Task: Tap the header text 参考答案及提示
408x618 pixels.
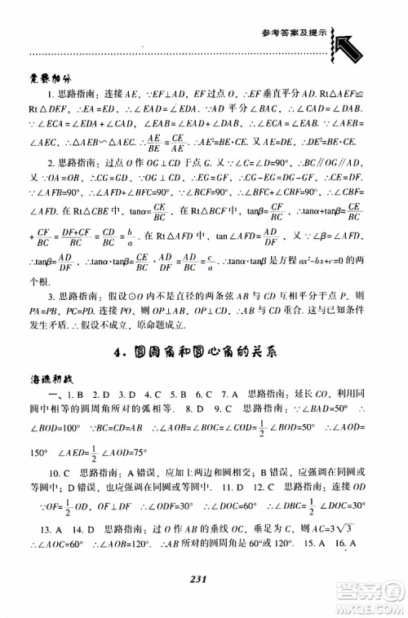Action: tap(298, 33)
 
